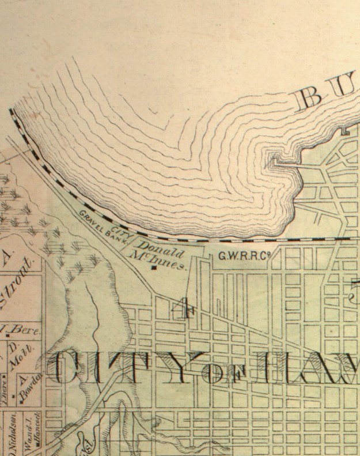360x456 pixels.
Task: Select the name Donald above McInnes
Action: coord(160,252)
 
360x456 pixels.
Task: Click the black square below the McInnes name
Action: coord(153,268)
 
